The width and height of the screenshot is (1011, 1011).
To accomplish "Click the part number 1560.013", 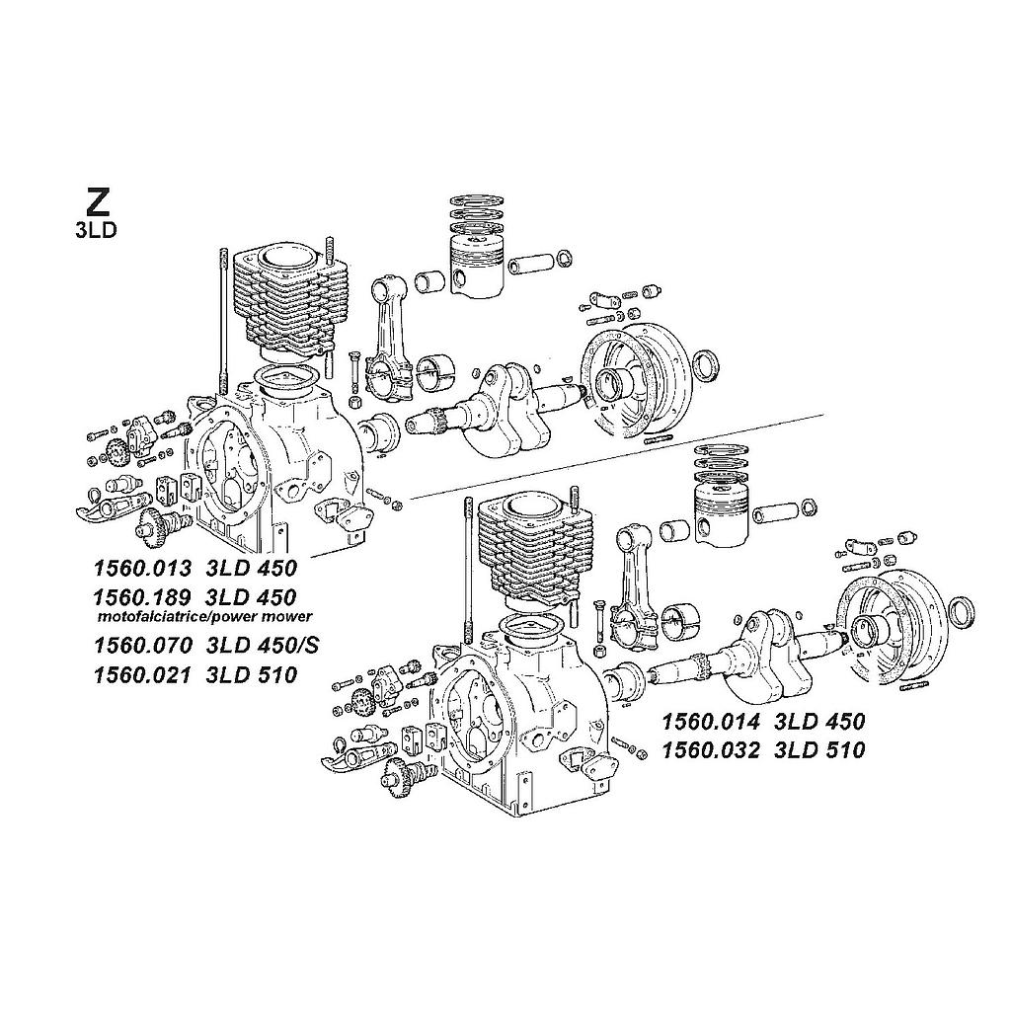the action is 142,568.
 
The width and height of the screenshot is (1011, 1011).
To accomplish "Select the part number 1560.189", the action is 142,596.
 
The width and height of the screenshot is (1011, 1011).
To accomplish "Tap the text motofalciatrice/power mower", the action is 204,616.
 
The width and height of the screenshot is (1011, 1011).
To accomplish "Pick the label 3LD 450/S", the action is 263,645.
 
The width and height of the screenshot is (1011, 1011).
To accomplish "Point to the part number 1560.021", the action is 142,675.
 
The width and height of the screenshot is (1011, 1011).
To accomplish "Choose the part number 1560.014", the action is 711,722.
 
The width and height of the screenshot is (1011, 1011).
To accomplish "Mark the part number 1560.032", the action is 711,750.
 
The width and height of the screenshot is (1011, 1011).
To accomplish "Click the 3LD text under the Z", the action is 96,231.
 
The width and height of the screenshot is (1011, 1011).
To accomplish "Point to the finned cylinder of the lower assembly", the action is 534,547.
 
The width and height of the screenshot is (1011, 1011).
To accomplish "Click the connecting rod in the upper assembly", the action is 389,336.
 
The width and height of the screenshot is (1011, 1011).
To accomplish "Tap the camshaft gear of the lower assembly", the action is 401,774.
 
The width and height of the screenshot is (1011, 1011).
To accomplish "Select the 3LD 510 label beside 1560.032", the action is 819,750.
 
